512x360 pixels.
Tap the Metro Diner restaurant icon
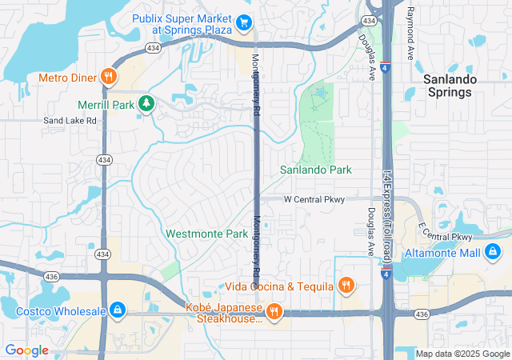109,77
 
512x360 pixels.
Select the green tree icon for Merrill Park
146,103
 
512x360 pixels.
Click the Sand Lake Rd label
70,120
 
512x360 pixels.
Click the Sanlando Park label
316,170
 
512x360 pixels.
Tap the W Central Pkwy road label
314,199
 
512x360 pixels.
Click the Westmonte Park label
207,234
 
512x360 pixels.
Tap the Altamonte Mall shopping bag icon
494,252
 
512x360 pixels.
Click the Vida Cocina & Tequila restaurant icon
346,285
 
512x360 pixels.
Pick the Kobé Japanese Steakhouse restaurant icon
274,310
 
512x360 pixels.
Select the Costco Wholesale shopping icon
117,310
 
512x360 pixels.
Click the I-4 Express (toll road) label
386,216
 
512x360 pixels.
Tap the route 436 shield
52,277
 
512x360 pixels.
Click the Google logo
27,350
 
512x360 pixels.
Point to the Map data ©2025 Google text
462,354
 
